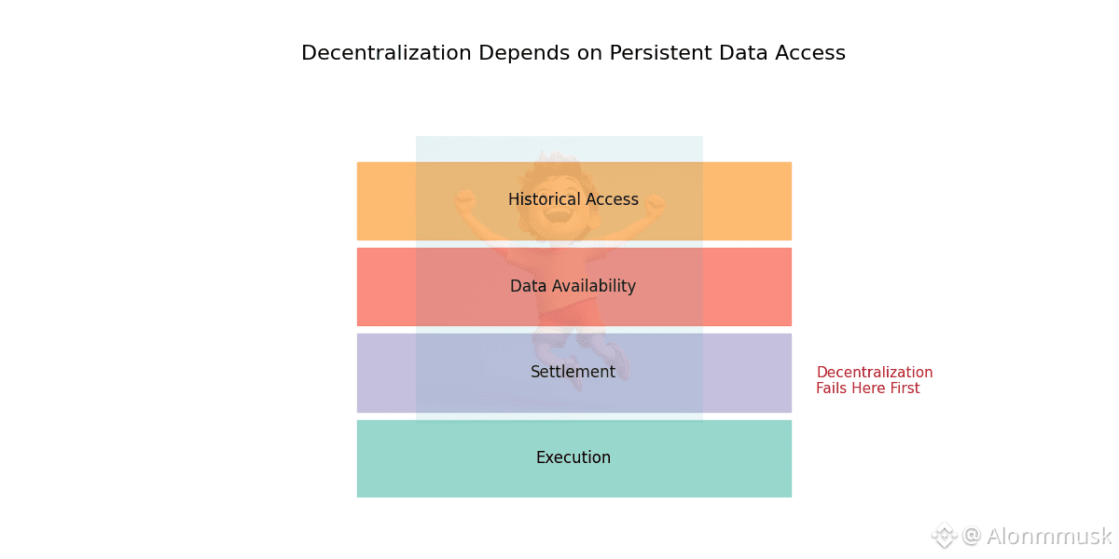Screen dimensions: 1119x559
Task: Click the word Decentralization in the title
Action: pyautogui.click(x=386, y=52)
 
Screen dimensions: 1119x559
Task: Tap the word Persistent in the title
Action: pyautogui.click(x=660, y=52)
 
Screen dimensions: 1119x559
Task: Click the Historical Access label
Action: pyautogui.click(x=573, y=199)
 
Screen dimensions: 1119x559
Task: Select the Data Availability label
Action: pyautogui.click(x=573, y=286)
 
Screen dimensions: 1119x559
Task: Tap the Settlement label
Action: pyautogui.click(x=573, y=372)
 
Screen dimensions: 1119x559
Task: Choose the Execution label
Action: pyautogui.click(x=573, y=457)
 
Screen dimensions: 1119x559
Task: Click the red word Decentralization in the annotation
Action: pyautogui.click(x=875, y=372)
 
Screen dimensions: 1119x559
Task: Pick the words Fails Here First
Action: pyautogui.click(x=868, y=388)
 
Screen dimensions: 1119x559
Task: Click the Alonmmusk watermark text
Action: pyautogui.click(x=1049, y=537)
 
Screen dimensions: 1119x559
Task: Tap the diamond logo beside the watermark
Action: pyautogui.click(x=944, y=536)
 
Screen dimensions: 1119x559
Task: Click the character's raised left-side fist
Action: pyautogui.click(x=465, y=199)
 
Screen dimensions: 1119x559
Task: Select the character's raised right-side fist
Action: pyautogui.click(x=655, y=205)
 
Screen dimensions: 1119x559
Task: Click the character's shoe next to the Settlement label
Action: pyautogui.click(x=618, y=361)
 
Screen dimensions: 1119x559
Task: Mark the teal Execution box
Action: pyautogui.click(x=574, y=458)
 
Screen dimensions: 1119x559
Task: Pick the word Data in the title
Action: pyautogui.click(x=743, y=52)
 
